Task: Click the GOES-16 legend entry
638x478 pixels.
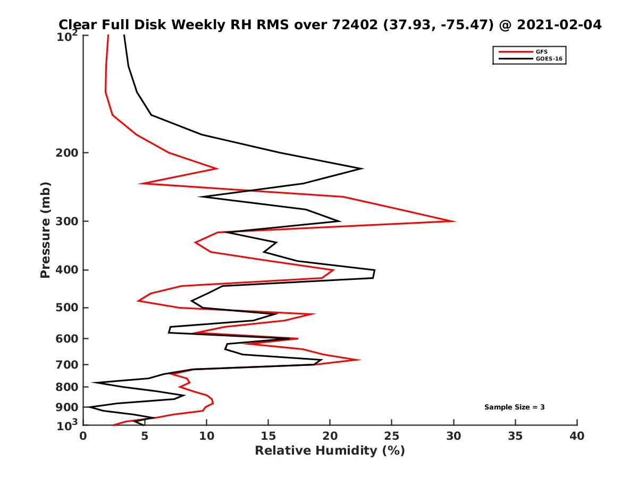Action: [x=548, y=59]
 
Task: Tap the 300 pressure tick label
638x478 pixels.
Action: [x=67, y=221]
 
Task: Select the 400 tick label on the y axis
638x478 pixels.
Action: [x=67, y=270]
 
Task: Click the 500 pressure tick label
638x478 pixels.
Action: [x=67, y=308]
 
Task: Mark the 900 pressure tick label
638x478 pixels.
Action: [x=67, y=407]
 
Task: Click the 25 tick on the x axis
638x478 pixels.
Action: [x=392, y=437]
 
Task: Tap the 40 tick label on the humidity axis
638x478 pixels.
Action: [x=577, y=437]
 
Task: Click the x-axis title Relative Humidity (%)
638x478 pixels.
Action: [x=330, y=451]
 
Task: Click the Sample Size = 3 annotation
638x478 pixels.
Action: [x=514, y=407]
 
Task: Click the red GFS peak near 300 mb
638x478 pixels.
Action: [x=455, y=221]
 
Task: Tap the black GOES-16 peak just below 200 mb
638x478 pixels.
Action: [x=362, y=168]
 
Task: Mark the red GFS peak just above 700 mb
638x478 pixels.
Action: [x=360, y=360]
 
